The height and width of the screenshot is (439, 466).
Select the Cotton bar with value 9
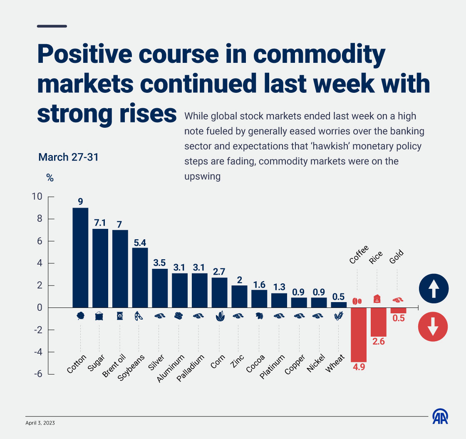pyautogui.click(x=80, y=258)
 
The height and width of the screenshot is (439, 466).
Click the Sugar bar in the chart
pyautogui.click(x=100, y=268)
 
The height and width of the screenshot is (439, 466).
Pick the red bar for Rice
pyautogui.click(x=379, y=322)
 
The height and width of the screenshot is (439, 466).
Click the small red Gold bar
pyautogui.click(x=398, y=310)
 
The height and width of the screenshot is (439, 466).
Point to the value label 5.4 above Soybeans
pyautogui.click(x=140, y=242)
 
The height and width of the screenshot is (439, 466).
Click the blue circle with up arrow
pyautogui.click(x=434, y=288)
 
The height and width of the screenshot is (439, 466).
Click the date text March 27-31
pyautogui.click(x=68, y=157)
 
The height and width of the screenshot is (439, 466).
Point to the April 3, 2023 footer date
pyautogui.click(x=40, y=423)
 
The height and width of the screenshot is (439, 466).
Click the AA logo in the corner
pyautogui.click(x=441, y=417)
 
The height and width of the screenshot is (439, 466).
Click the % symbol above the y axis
pyautogui.click(x=50, y=178)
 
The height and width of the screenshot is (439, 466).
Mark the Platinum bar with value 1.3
pyautogui.click(x=279, y=300)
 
